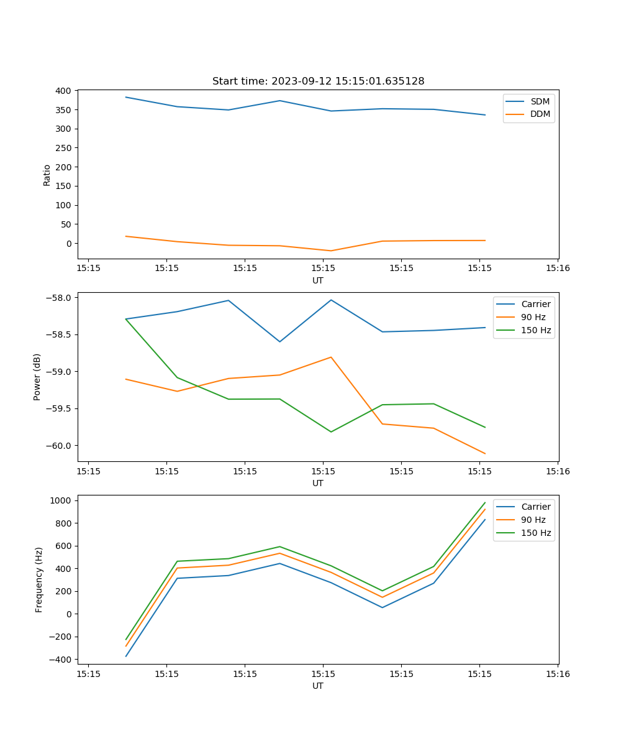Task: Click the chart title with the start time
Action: [x=318, y=81]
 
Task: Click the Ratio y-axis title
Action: [x=47, y=175]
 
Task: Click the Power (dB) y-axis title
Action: [x=37, y=377]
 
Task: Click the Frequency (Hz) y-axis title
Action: [x=39, y=579]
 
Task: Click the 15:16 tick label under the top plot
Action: [x=558, y=268]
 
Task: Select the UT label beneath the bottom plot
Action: [x=318, y=686]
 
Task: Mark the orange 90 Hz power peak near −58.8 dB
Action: [x=331, y=357]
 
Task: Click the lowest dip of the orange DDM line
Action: [x=331, y=251]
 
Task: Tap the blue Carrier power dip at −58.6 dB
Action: [x=280, y=341]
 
